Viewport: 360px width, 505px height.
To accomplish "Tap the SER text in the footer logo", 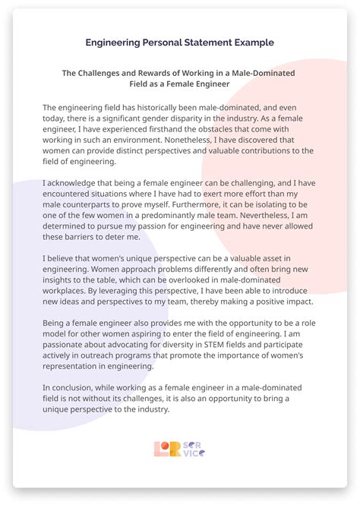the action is pyautogui.click(x=194, y=444).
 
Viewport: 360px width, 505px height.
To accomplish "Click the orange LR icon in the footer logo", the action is pyautogui.click(x=166, y=449).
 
